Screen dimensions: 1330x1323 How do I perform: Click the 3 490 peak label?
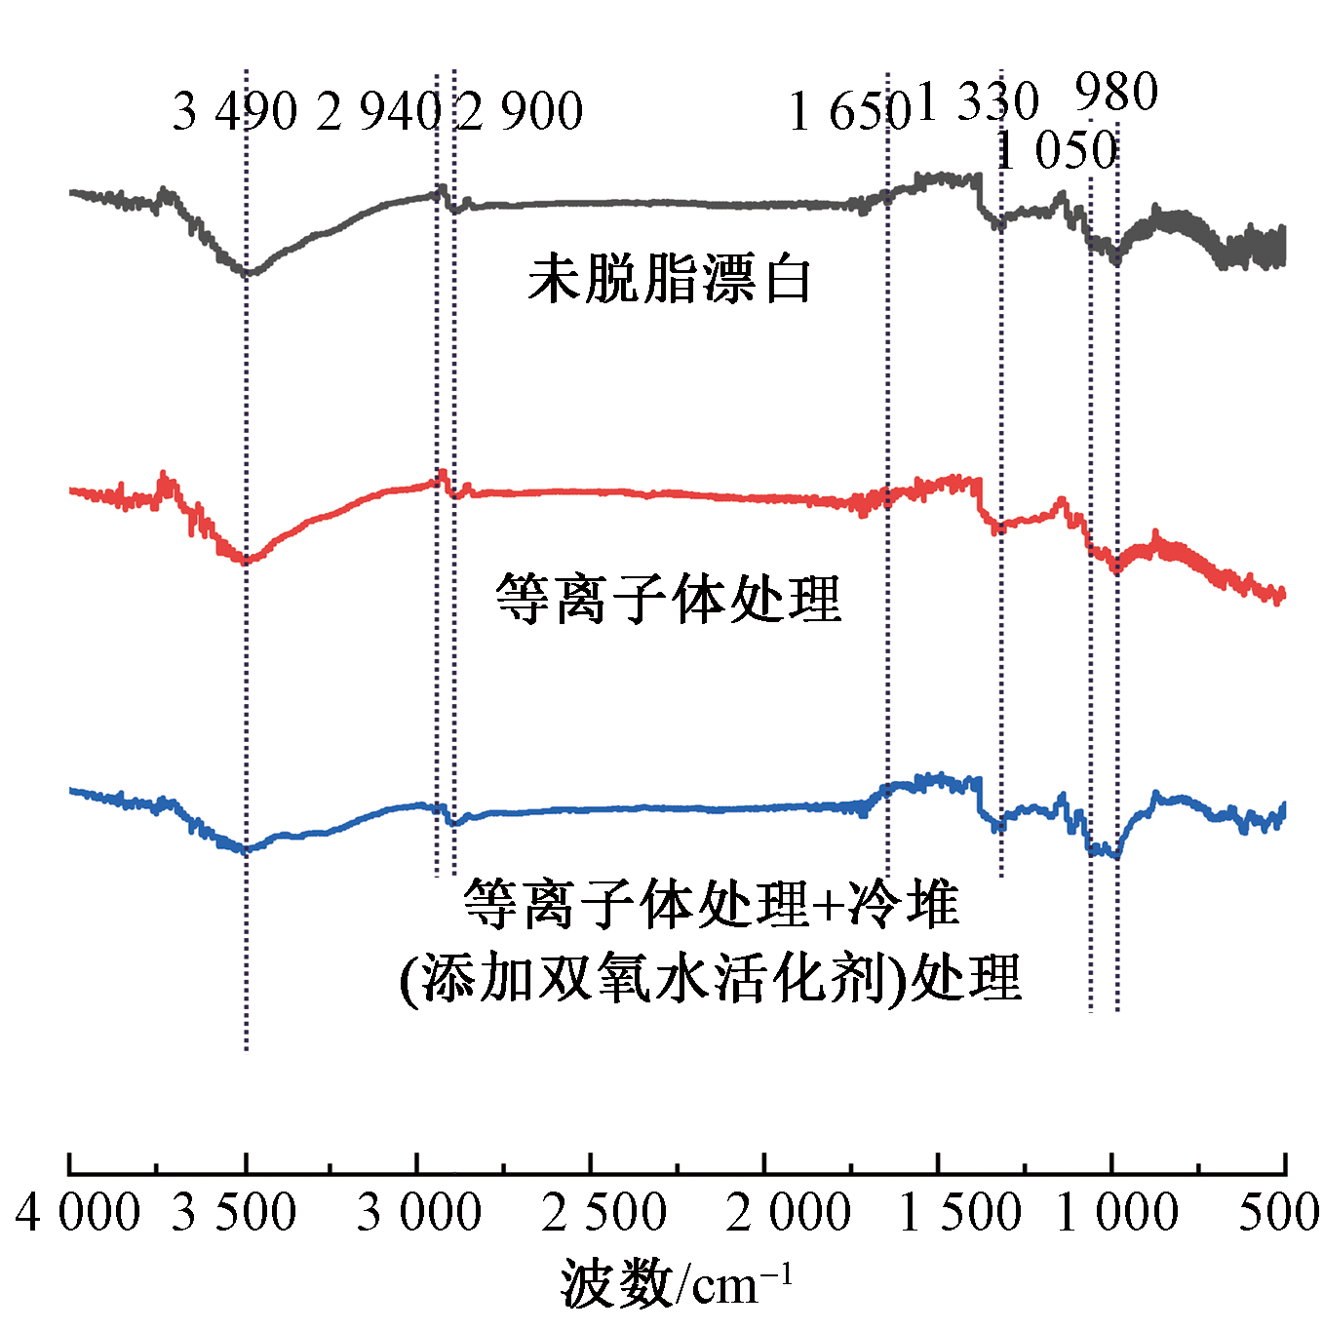(x=235, y=111)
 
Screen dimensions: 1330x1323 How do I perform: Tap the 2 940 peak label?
(x=379, y=111)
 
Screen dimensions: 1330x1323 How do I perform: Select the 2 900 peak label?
(x=521, y=111)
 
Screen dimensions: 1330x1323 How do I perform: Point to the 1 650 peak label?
(x=850, y=111)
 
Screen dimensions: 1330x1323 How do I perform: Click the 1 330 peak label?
(x=978, y=100)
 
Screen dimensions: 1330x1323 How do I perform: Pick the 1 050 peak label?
(x=1056, y=150)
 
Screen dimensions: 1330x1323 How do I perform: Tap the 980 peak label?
(x=1116, y=93)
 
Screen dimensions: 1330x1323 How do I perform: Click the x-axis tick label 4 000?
(x=78, y=1212)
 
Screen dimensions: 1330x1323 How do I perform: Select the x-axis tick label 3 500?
(x=234, y=1212)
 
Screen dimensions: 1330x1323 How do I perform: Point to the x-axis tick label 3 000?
(x=419, y=1212)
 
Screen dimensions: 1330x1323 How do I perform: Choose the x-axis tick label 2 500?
(x=604, y=1212)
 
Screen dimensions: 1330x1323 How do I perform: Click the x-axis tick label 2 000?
(x=789, y=1212)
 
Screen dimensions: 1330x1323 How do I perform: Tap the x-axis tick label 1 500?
(x=960, y=1212)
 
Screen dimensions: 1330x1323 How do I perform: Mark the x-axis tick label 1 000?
(x=1117, y=1212)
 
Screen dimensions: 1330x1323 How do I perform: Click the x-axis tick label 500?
(x=1279, y=1212)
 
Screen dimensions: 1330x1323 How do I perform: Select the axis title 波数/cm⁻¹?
(x=676, y=1282)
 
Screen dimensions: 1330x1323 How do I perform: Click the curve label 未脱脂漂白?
(x=670, y=279)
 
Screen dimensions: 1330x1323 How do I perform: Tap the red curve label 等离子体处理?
(x=668, y=598)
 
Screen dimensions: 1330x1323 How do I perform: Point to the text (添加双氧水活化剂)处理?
(x=711, y=977)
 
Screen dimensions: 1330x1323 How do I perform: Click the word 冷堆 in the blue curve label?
(x=904, y=903)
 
